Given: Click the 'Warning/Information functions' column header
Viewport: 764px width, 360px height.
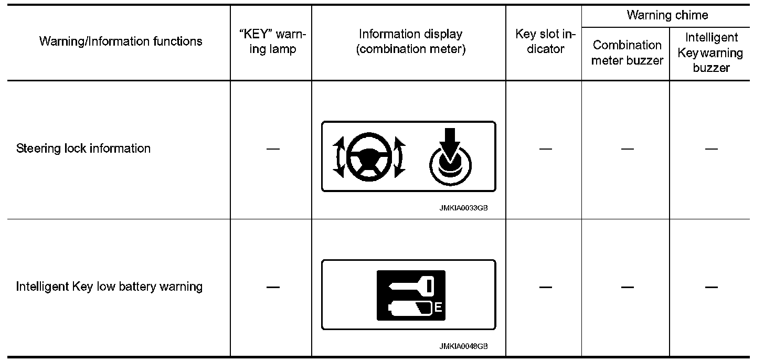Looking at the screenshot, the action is pyautogui.click(x=121, y=41).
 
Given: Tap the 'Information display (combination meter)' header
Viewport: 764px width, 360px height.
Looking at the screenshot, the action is pyautogui.click(x=410, y=41).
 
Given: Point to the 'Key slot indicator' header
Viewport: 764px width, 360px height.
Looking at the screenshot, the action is pyautogui.click(x=545, y=41).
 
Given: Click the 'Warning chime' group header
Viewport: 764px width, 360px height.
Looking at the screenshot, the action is pyautogui.click(x=667, y=15).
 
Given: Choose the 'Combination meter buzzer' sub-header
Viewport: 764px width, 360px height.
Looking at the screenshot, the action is pyautogui.click(x=627, y=52).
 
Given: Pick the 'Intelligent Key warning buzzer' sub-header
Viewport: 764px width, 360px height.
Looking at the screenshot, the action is pyautogui.click(x=711, y=52).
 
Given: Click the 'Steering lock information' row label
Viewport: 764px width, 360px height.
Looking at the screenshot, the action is pyautogui.click(x=83, y=149).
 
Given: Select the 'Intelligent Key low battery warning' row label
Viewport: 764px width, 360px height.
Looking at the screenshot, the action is pyautogui.click(x=109, y=287).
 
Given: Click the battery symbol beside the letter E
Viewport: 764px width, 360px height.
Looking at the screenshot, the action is pyautogui.click(x=409, y=308).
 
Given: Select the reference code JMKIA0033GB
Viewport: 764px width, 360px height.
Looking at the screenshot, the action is pyautogui.click(x=464, y=208).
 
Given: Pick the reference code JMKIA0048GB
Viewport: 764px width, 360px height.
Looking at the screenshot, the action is pyautogui.click(x=464, y=346).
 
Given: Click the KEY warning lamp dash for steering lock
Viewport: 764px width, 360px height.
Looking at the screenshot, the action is pyautogui.click(x=272, y=149).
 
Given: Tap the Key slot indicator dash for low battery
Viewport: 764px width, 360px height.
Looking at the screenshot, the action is pyautogui.click(x=545, y=287).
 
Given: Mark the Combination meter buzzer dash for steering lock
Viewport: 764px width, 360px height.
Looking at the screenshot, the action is pyautogui.click(x=627, y=149).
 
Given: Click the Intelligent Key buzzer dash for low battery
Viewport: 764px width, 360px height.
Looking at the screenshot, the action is pyautogui.click(x=711, y=287).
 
